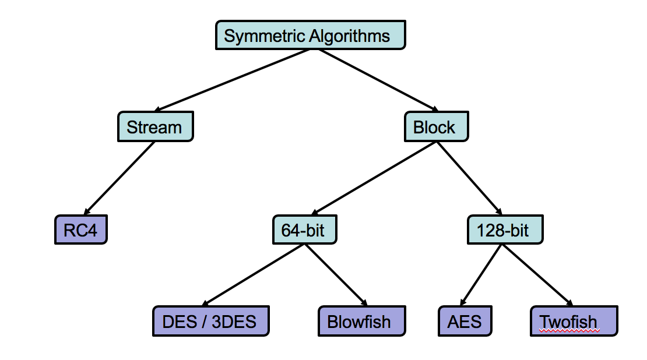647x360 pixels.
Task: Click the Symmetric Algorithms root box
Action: point(310,35)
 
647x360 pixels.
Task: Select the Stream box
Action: point(156,126)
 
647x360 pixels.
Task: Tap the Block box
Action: point(436,126)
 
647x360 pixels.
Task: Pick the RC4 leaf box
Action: point(81,230)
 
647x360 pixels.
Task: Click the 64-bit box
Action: point(304,230)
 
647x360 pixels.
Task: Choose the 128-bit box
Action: point(505,230)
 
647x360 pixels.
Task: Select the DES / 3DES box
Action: point(211,321)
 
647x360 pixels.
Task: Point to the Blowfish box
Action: point(362,321)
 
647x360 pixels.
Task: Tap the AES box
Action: point(465,321)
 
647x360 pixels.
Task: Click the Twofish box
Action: point(574,321)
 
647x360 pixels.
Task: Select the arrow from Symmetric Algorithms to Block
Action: point(378,80)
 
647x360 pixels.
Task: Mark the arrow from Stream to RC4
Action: point(119,178)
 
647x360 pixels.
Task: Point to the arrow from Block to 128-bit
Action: point(470,178)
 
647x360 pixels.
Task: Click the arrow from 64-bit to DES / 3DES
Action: point(254,275)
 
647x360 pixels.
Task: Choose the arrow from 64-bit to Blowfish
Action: point(336,275)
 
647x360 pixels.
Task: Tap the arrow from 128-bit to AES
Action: point(481,275)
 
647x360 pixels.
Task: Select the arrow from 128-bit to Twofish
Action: point(537,275)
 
